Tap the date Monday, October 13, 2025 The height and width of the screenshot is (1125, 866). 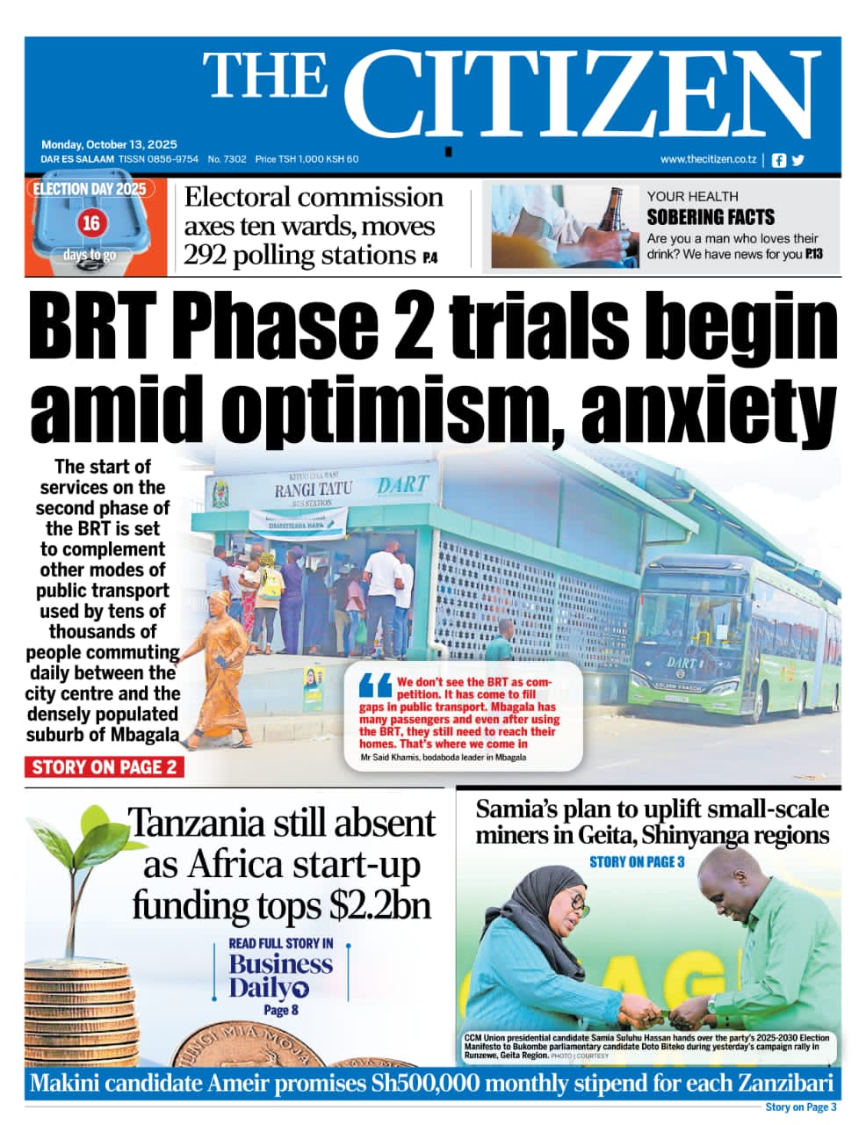click(x=109, y=144)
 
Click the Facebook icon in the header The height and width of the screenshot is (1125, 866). click(x=778, y=160)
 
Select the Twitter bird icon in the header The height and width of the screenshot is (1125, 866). click(x=797, y=160)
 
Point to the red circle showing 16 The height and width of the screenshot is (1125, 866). click(x=90, y=223)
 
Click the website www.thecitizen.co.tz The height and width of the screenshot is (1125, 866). click(x=708, y=159)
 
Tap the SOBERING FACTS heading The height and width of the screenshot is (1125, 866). click(x=711, y=217)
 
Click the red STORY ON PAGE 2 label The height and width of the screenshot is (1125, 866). click(x=104, y=767)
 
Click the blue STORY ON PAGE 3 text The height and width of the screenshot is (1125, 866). click(x=636, y=861)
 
